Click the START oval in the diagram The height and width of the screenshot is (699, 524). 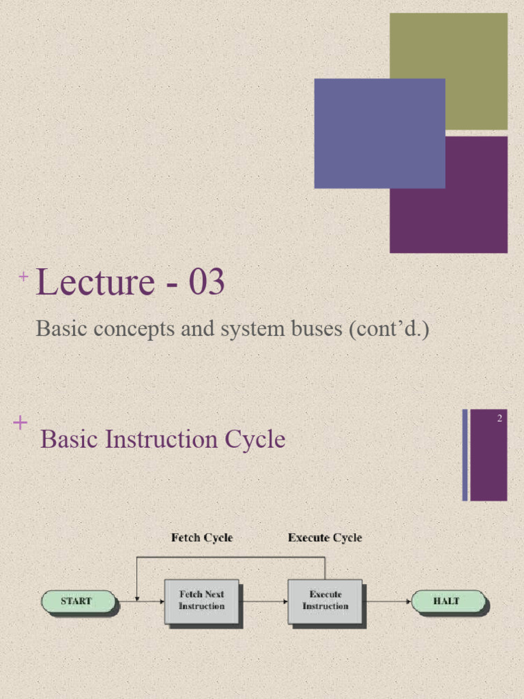[78, 601]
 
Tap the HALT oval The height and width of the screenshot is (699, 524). [448, 601]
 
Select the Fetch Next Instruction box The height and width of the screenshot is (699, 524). [201, 601]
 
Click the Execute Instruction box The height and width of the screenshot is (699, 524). [325, 601]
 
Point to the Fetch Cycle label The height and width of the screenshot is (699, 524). [201, 538]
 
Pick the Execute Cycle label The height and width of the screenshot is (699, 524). [325, 538]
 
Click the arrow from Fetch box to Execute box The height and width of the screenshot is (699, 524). [264, 601]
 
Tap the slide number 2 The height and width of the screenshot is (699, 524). [499, 418]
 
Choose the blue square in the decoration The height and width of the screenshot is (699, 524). [379, 133]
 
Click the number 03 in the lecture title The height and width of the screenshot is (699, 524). [207, 283]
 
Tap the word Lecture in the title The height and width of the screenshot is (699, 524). [95, 283]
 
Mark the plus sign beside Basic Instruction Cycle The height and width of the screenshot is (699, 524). [20, 423]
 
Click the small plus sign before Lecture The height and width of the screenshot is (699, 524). [24, 276]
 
